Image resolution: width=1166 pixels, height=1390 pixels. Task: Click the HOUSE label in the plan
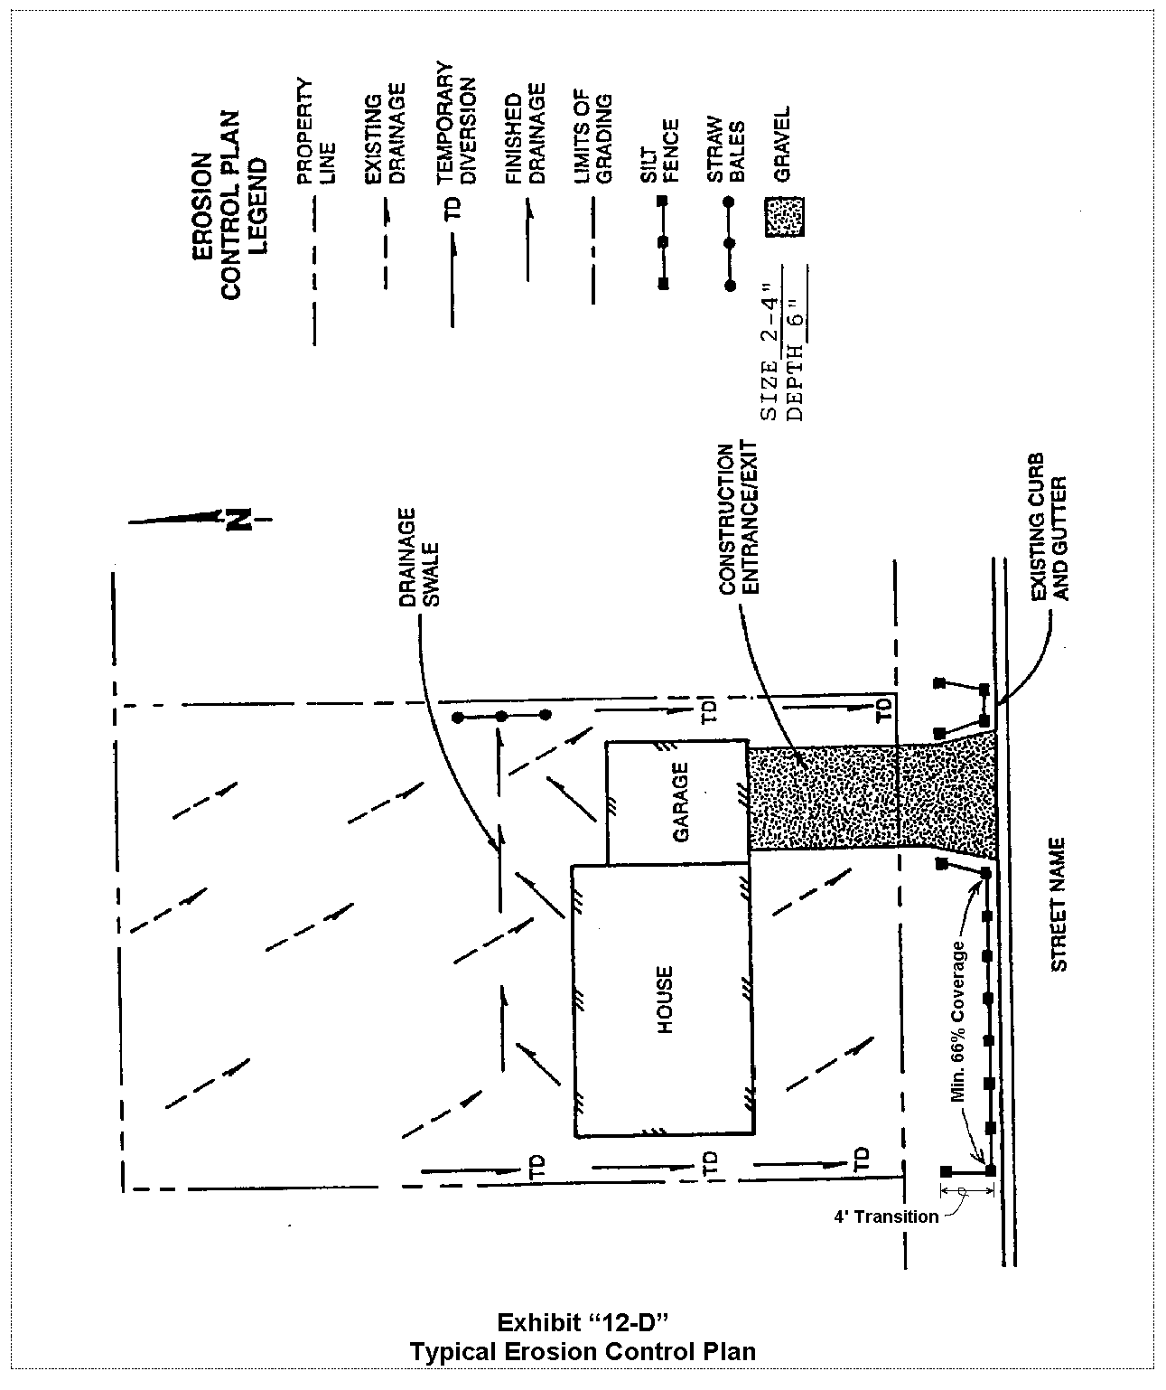click(x=665, y=1000)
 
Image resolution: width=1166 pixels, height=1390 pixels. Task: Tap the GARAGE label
click(x=680, y=802)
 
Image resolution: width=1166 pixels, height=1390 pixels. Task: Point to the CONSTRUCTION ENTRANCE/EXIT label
click(x=738, y=519)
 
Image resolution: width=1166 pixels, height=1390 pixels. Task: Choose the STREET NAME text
click(x=1059, y=905)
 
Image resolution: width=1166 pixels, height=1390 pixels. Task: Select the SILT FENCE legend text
click(x=659, y=150)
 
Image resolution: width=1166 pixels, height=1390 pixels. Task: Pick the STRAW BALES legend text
click(x=726, y=148)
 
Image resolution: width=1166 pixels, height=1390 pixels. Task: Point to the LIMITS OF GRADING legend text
click(x=593, y=136)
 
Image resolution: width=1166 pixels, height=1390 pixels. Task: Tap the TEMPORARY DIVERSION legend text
click(x=455, y=123)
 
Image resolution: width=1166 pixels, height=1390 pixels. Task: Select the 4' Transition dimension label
click(x=885, y=1216)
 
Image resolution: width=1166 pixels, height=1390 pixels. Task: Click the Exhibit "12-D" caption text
click(x=583, y=1322)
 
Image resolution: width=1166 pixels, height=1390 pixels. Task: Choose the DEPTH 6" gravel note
click(x=797, y=369)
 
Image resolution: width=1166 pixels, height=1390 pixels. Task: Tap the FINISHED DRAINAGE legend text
click(x=526, y=135)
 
